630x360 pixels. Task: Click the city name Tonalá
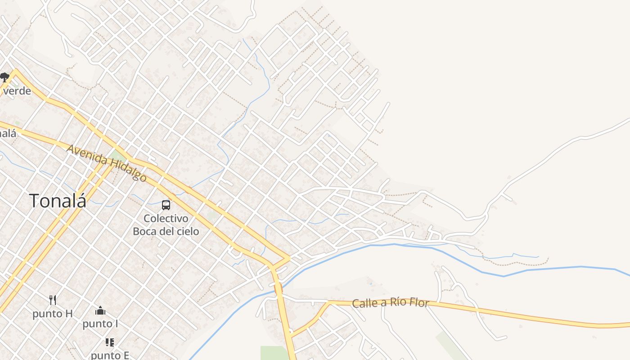(58, 201)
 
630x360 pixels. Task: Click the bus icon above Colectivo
(166, 205)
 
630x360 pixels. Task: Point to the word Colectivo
(166, 219)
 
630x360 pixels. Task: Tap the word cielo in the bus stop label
(186, 231)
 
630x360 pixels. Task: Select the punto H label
(52, 314)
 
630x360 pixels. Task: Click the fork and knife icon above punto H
(53, 300)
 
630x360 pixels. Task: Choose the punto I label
(100, 324)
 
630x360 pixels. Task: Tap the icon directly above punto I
(100, 310)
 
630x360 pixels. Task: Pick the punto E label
(110, 355)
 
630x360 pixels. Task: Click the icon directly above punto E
(110, 342)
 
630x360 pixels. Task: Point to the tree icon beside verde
(4, 77)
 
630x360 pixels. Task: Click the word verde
(17, 91)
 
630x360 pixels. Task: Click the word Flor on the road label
(419, 302)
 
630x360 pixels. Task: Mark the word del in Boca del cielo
(165, 231)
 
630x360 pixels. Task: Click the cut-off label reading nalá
(8, 133)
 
